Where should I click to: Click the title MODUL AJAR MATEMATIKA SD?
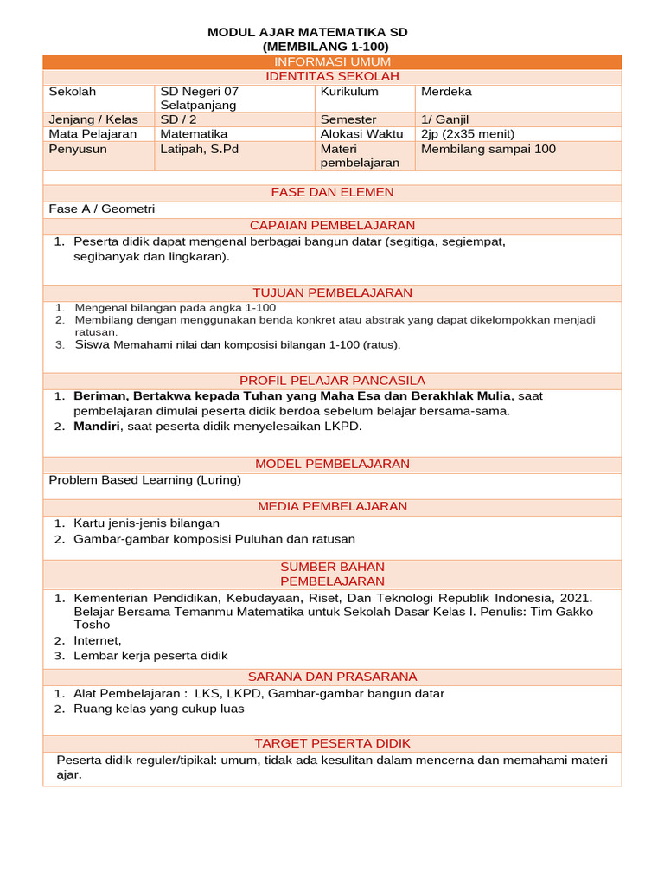click(x=307, y=32)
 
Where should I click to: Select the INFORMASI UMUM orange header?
click(x=332, y=61)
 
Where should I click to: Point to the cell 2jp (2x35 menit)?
click(x=467, y=134)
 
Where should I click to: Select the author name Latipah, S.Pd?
click(x=199, y=149)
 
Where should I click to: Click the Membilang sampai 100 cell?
click(x=488, y=149)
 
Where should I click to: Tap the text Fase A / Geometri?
click(x=101, y=209)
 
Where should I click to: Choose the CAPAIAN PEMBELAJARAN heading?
click(x=332, y=226)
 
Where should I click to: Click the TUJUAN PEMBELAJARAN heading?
click(x=332, y=293)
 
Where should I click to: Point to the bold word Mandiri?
click(x=97, y=427)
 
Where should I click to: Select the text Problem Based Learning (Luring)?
click(x=144, y=480)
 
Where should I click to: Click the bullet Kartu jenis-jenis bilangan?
click(x=146, y=523)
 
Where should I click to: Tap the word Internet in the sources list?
click(x=97, y=641)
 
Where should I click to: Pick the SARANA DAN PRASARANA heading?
click(x=332, y=677)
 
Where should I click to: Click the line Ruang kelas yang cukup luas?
click(x=158, y=709)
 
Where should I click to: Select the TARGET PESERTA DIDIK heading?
click(x=332, y=744)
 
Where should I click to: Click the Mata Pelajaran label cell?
click(x=93, y=134)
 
